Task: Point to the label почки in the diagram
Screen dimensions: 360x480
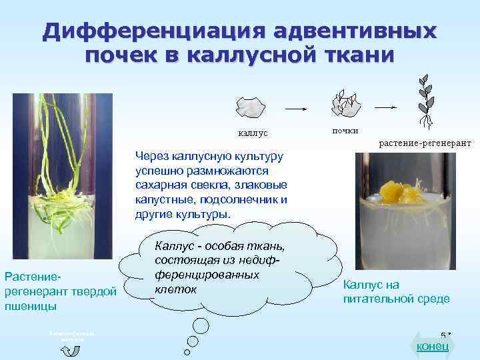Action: tap(345, 129)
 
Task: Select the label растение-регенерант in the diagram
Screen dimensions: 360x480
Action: tap(425, 143)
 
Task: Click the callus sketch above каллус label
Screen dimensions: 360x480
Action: tap(252, 107)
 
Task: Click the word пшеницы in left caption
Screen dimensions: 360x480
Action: tap(27, 306)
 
